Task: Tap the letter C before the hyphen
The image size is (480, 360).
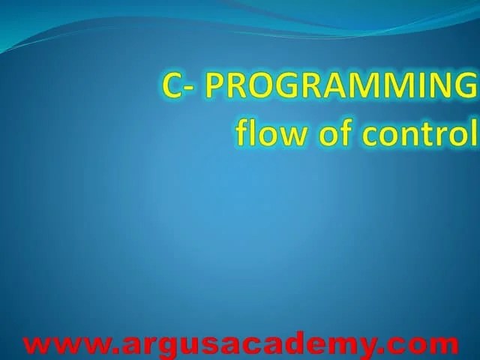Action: tap(172, 87)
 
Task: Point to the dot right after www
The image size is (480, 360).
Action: tap(112, 351)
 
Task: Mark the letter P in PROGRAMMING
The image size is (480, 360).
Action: tap(215, 87)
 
